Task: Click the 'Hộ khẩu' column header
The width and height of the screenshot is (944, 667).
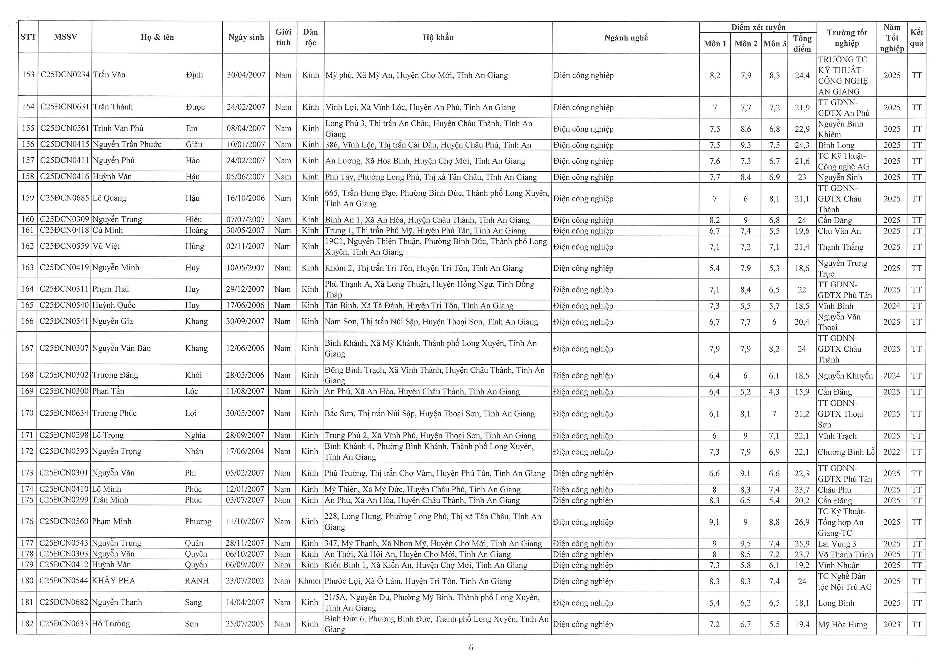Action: tap(438, 37)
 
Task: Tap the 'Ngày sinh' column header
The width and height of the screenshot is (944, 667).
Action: tap(246, 37)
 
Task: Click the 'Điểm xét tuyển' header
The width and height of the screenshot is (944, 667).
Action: tap(758, 28)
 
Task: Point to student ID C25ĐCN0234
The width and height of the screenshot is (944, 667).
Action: tap(65, 75)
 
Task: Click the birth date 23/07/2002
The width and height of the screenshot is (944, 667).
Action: tap(245, 581)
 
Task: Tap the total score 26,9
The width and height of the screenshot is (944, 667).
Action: tap(802, 522)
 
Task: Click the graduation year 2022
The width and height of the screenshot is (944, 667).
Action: tap(891, 452)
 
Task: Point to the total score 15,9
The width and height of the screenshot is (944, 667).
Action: tap(802, 392)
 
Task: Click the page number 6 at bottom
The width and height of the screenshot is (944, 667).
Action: tap(471, 648)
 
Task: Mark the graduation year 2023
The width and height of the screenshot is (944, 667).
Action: tap(891, 624)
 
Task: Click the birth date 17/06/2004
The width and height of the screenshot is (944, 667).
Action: tap(245, 451)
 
